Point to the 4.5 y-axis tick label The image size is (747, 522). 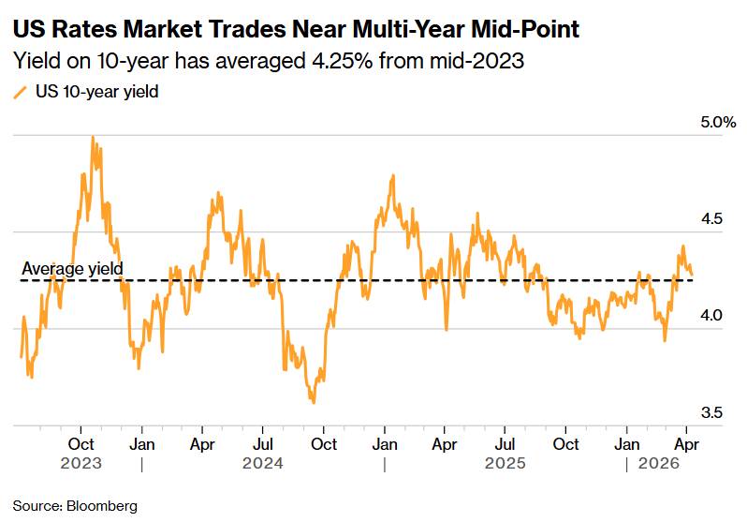(x=711, y=219)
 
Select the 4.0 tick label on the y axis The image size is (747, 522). (x=711, y=316)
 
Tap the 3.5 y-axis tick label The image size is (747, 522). (x=711, y=412)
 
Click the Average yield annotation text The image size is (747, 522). (x=72, y=269)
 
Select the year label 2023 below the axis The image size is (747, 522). (x=81, y=462)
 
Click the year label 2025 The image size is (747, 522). (x=504, y=462)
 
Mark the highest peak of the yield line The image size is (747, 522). (x=92, y=137)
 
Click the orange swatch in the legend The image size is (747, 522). (x=20, y=93)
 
